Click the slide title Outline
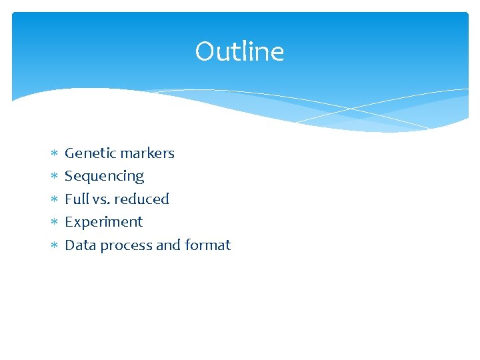point(239,51)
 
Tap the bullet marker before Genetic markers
point(55,154)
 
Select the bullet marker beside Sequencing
point(55,177)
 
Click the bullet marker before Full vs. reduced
point(55,199)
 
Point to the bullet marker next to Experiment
point(55,223)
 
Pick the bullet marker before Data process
point(55,246)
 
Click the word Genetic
point(87,153)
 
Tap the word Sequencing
point(104,177)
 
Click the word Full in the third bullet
point(75,199)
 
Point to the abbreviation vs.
point(100,199)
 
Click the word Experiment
point(103,222)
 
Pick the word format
point(207,245)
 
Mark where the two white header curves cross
point(351,108)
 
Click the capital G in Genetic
point(70,153)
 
